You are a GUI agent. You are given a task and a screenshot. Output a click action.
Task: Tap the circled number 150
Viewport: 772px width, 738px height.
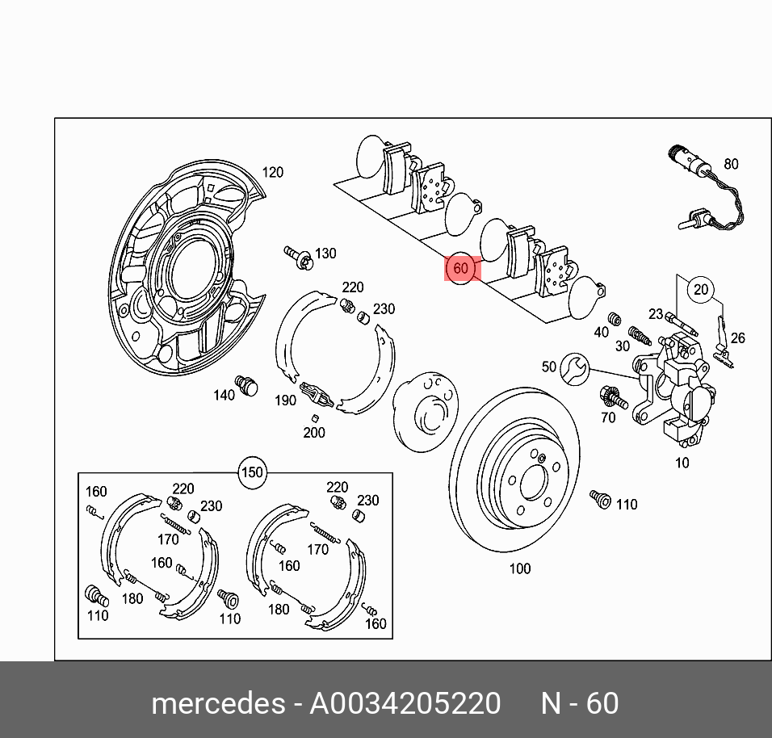pos(253,472)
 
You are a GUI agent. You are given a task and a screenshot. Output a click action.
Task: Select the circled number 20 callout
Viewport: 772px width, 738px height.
pos(701,290)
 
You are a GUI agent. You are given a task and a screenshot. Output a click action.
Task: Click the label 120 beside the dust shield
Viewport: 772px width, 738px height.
pos(273,172)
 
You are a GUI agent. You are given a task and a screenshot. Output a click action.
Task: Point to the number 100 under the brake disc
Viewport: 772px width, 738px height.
pos(520,568)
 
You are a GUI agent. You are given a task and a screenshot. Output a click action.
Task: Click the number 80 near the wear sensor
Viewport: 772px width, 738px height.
pos(730,164)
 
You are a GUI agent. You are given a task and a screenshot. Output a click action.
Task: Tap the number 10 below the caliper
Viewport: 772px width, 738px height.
pos(682,463)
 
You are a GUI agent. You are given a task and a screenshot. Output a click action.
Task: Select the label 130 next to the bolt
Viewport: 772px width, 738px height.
pos(325,254)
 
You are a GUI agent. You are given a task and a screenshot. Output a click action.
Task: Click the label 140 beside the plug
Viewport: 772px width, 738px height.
pos(224,395)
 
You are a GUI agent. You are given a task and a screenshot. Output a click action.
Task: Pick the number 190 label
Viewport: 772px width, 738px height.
pos(285,400)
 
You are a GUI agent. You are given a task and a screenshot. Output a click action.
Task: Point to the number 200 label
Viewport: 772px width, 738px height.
pos(314,433)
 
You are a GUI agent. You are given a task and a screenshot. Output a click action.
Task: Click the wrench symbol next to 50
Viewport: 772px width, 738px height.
pos(574,367)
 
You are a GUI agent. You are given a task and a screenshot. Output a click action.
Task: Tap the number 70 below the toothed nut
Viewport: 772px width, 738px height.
pos(608,417)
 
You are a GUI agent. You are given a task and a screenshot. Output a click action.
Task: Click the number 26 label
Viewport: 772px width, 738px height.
pos(738,338)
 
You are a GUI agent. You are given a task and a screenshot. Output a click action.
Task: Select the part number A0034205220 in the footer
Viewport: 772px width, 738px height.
pos(405,703)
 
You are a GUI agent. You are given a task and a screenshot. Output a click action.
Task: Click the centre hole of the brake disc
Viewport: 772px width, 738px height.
pos(533,482)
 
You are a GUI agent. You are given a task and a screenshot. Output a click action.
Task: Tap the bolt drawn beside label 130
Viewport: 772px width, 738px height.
pos(300,257)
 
